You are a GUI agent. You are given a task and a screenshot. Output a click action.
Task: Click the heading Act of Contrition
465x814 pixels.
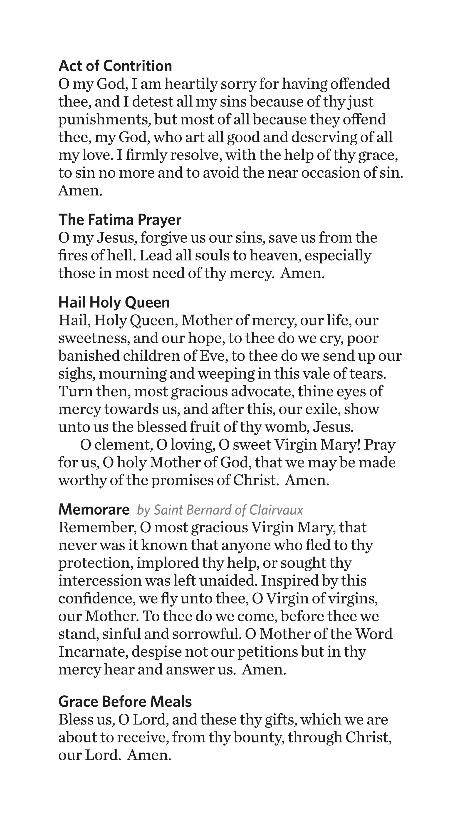115,66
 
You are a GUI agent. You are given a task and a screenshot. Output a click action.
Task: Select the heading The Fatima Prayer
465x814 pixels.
120,220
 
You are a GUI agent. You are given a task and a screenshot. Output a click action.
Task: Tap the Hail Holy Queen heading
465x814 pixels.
114,303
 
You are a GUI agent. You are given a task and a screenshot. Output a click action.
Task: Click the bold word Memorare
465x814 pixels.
94,510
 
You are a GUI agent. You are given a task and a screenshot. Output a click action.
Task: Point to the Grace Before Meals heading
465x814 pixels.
125,702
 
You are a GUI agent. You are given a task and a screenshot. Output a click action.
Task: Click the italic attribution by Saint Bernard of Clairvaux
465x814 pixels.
220,510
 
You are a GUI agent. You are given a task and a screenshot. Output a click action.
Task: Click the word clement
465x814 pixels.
123,445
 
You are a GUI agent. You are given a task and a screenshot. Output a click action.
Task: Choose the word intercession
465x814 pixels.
100,581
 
